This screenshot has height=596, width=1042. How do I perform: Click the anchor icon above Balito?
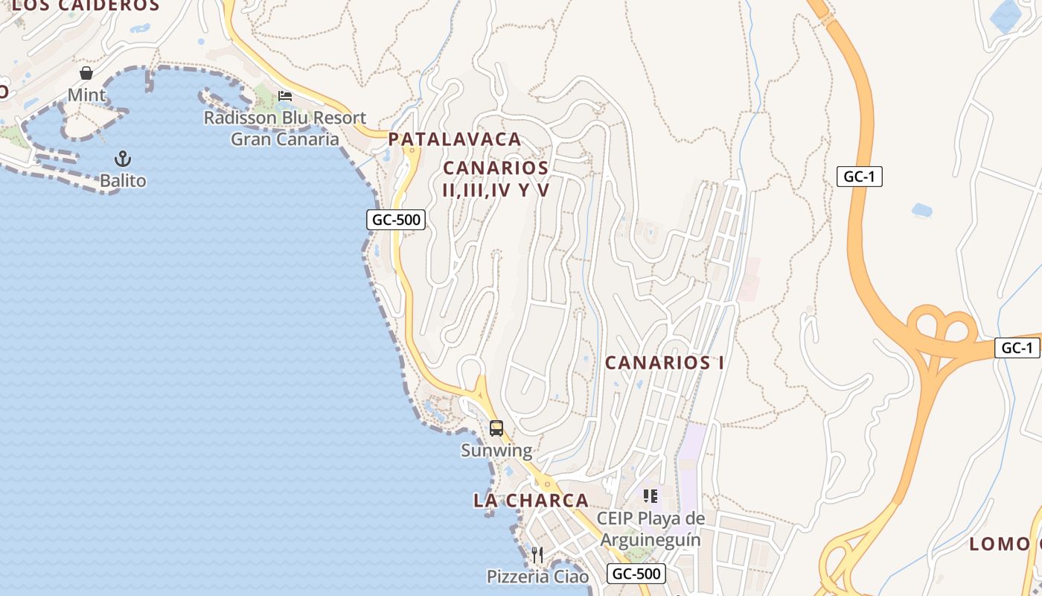tap(123, 159)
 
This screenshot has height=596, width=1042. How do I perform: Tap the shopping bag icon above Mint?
tap(86, 73)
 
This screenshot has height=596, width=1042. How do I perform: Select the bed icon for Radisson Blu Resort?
tap(285, 96)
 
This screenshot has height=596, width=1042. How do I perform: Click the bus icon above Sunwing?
tap(496, 428)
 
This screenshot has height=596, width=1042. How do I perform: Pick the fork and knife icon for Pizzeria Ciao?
tap(537, 554)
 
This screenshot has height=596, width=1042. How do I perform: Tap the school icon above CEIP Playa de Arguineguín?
tap(651, 496)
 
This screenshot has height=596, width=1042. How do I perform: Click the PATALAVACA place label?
tap(455, 139)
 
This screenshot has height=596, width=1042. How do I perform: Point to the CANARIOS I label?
tap(664, 363)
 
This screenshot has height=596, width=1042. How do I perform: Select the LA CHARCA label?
tap(531, 501)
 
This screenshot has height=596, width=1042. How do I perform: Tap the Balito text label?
tap(123, 180)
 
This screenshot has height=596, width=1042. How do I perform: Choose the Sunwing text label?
tap(496, 450)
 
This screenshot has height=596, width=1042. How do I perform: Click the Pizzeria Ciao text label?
tap(537, 577)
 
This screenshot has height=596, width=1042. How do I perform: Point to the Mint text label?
tap(86, 95)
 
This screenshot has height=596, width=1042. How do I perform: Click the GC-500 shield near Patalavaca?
tap(396, 220)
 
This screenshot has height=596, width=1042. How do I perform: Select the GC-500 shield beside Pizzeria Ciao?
tap(636, 574)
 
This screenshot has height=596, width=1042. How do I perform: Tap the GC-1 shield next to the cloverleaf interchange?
tap(1017, 348)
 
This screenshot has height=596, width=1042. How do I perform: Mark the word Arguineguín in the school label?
tap(651, 539)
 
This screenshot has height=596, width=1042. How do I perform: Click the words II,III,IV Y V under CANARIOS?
tap(496, 190)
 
